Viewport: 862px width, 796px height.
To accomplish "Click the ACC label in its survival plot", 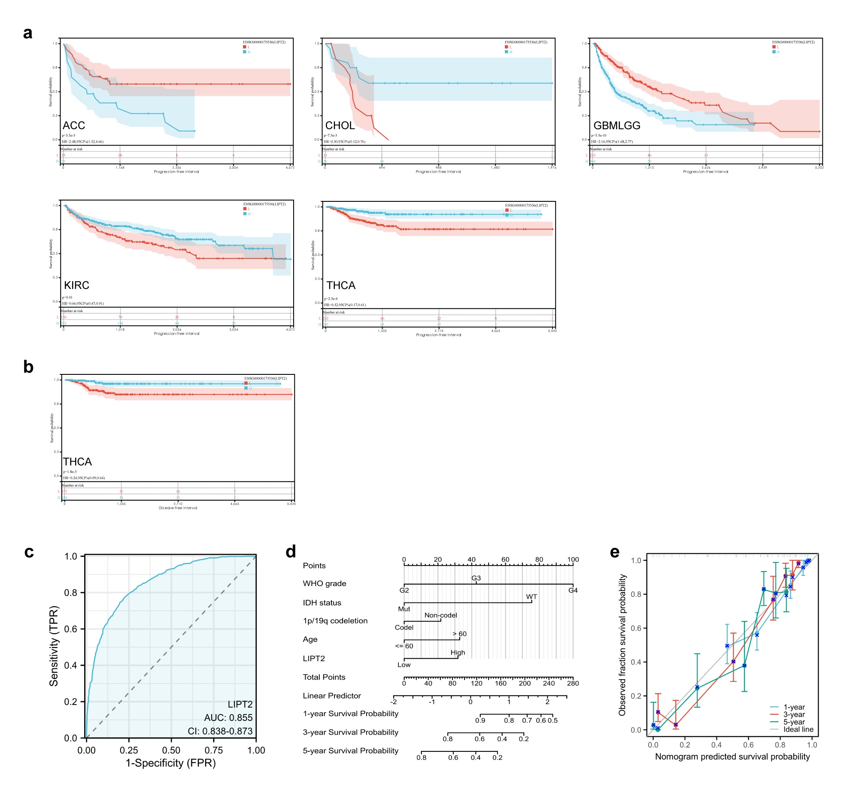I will (74, 125).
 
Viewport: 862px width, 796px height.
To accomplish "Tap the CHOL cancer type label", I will (340, 125).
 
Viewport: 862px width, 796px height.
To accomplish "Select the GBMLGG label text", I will (616, 125).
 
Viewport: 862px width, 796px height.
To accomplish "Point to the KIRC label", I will (77, 285).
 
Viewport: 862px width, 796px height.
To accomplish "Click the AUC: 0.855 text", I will (228, 717).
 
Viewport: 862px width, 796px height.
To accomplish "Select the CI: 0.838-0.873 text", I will (220, 731).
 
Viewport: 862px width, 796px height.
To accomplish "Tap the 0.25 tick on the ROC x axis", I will (129, 750).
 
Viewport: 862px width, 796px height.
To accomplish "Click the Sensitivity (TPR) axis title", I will (54, 646).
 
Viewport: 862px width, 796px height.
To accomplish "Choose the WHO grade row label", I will (324, 583).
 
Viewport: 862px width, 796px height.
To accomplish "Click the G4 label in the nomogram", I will (573, 590).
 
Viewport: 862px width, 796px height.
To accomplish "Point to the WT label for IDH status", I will (531, 596).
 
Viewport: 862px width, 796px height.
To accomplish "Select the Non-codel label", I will (440, 615).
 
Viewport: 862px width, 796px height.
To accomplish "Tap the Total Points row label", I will (324, 677).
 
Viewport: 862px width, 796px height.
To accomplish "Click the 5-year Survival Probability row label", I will (350, 750).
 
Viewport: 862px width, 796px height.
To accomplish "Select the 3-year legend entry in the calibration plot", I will (794, 714).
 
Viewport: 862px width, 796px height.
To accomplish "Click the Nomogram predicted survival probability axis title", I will (732, 757).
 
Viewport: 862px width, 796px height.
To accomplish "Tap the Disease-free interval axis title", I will (178, 508).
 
